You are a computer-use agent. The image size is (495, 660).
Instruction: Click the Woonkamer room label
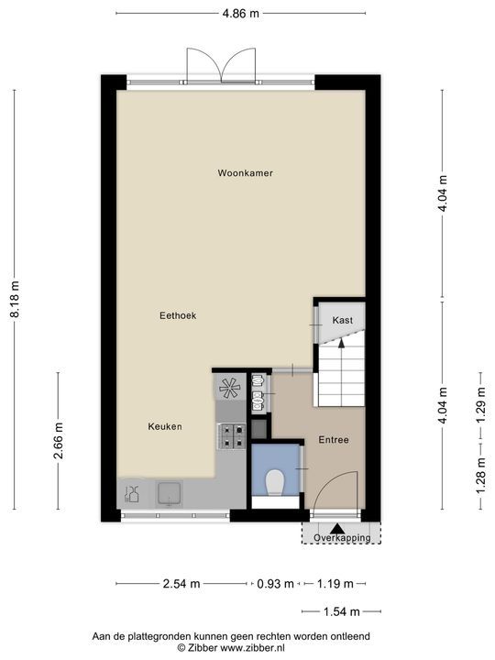pos(246,172)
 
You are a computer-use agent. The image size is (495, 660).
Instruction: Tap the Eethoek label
pos(178,315)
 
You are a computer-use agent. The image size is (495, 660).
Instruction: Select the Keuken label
pos(165,426)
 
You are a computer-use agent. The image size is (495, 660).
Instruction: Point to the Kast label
pos(343,320)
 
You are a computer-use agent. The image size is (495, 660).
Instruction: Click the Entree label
pos(334,440)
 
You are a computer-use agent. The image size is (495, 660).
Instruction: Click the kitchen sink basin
pos(170,494)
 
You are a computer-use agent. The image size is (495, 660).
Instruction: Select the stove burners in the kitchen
pos(230,435)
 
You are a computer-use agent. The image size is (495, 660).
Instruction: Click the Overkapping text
pos(341,538)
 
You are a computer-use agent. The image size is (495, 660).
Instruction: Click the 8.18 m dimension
pos(15,299)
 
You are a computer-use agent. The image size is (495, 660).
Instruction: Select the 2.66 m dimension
pos(59,446)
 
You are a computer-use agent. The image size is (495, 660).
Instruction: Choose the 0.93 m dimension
pos(276,583)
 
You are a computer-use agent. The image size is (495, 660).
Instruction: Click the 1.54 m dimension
pos(341,611)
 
